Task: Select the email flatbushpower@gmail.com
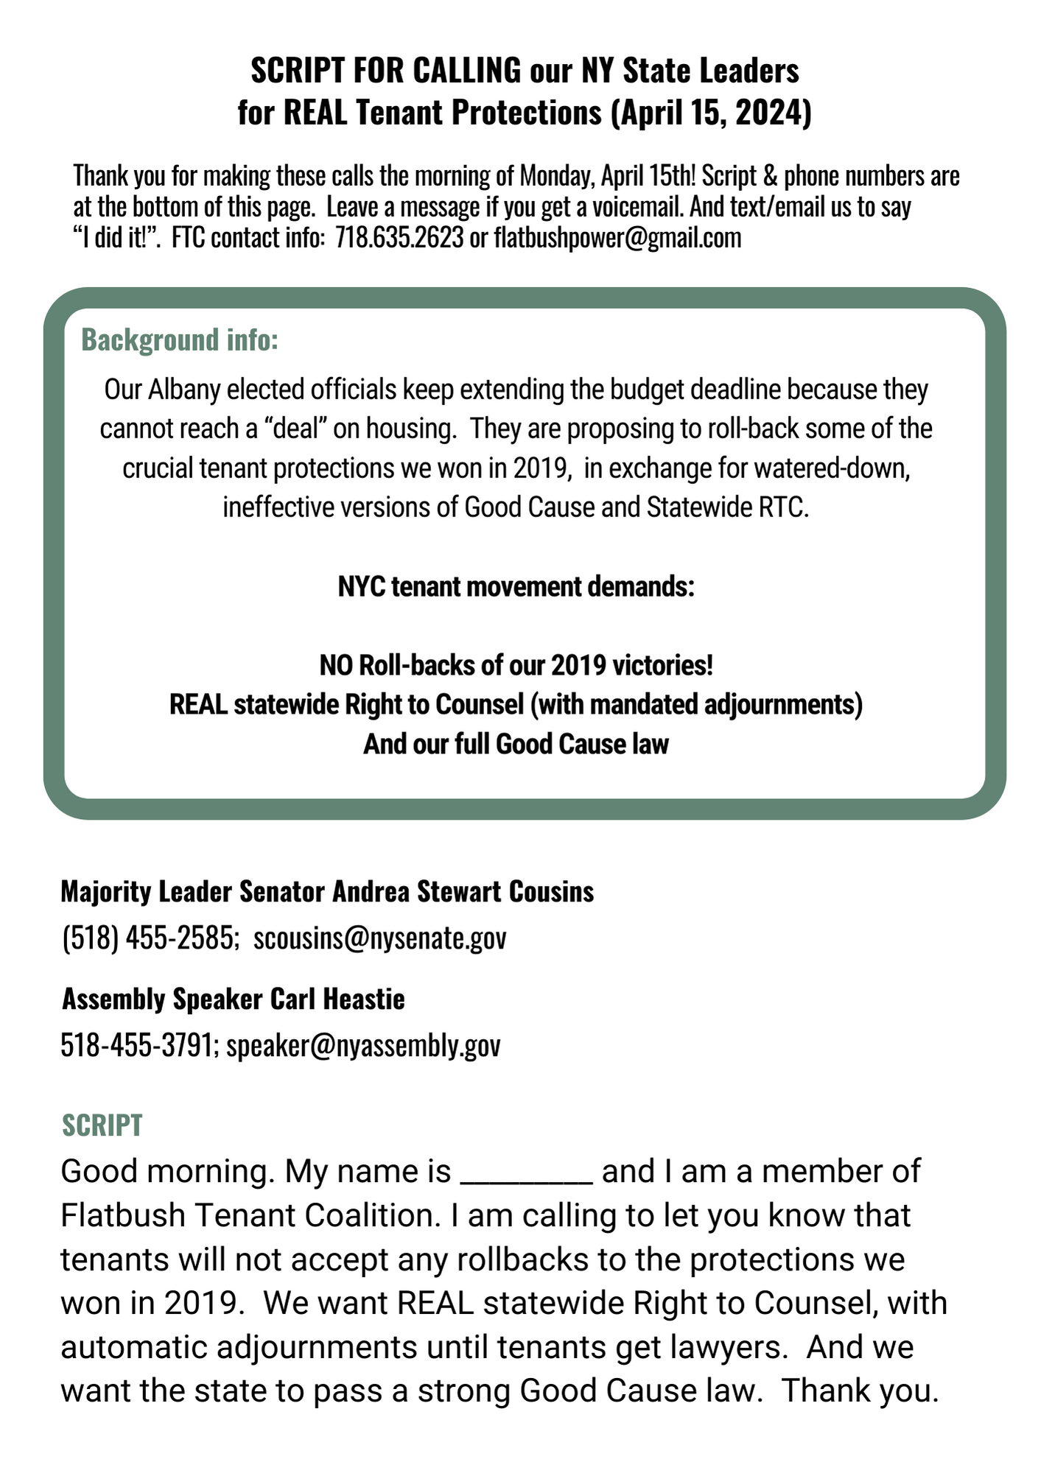[x=617, y=238]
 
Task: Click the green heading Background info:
[x=180, y=340]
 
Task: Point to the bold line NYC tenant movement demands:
[x=516, y=587]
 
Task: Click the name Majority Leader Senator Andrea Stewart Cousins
[x=327, y=891]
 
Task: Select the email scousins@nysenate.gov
[x=380, y=938]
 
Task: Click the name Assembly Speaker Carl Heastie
[x=234, y=999]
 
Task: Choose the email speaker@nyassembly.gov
[x=363, y=1045]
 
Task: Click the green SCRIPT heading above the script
[x=102, y=1125]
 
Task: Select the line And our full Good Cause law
[x=516, y=744]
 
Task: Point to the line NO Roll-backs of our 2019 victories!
[x=516, y=665]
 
